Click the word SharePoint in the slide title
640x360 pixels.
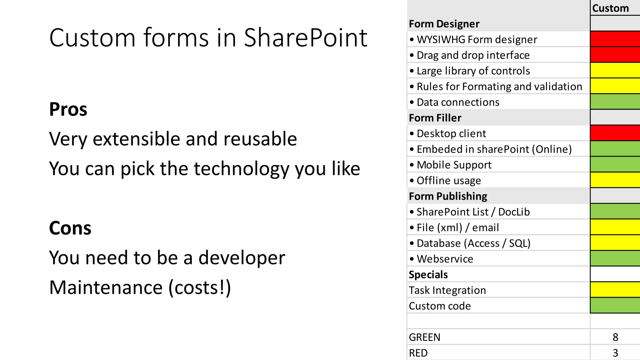point(305,38)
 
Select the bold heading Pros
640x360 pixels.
point(68,109)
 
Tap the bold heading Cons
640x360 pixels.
point(70,228)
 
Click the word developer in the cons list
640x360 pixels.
point(242,258)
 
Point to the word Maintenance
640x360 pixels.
point(106,287)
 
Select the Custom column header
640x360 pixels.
point(610,8)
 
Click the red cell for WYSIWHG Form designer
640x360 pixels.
point(615,39)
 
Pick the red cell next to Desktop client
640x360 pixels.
point(615,133)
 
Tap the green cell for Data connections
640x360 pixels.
point(615,102)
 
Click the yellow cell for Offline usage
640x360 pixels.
point(615,180)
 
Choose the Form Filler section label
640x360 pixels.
point(435,118)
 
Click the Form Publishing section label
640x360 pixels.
point(448,196)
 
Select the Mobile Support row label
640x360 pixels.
point(454,165)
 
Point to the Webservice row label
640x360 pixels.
point(445,259)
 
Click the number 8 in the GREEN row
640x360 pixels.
point(615,337)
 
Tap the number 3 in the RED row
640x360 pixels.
point(615,353)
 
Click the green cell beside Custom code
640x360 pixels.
point(615,306)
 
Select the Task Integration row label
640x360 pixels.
point(447,290)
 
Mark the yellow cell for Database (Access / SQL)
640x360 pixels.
point(615,243)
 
